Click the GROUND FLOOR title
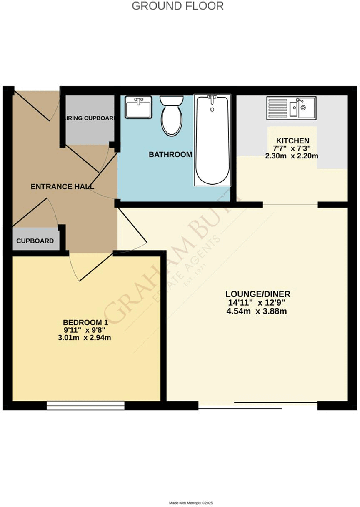coord(178,6)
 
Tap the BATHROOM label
coord(171,155)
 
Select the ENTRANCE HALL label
coord(62,187)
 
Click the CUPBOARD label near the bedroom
coord(35,241)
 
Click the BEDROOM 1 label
coord(85,322)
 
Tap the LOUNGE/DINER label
coord(258,294)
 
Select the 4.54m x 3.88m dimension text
coord(258,311)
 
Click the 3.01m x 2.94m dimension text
coord(85,338)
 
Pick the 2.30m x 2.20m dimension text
coord(292,156)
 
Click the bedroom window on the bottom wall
coord(85,405)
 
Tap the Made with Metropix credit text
coord(191,503)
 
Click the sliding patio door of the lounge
coord(258,404)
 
